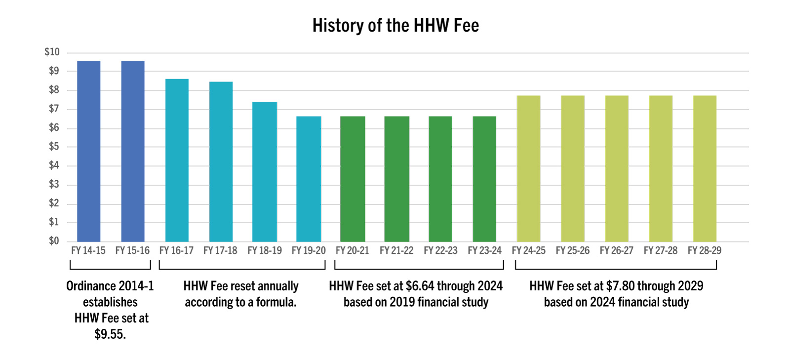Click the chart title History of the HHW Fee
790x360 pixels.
395,26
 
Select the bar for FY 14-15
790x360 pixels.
89,151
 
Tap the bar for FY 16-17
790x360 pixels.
177,160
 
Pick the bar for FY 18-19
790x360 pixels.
265,171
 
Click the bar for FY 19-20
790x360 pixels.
309,179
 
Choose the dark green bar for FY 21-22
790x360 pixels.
396,179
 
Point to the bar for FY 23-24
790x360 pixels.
484,179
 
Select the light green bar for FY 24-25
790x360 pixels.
528,168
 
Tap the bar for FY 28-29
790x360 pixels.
705,168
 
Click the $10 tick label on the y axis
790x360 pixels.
52,52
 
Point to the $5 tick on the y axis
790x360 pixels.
54,147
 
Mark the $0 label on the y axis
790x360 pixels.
54,241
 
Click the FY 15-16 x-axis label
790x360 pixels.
132,251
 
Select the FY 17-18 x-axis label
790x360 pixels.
220,251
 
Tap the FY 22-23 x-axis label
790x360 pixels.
440,251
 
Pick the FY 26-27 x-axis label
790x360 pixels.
616,251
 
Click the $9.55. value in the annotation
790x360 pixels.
110,334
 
